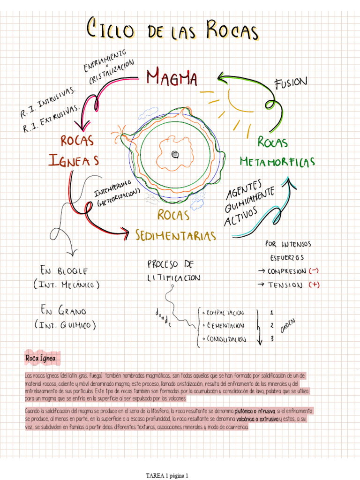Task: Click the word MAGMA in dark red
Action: (172, 78)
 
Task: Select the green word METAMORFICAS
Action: (277, 162)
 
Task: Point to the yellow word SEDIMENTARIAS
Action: (176, 235)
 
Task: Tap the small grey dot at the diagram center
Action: (175, 154)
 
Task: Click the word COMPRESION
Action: (287, 271)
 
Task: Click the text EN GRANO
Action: (63, 311)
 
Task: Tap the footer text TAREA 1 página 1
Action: (167, 475)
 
